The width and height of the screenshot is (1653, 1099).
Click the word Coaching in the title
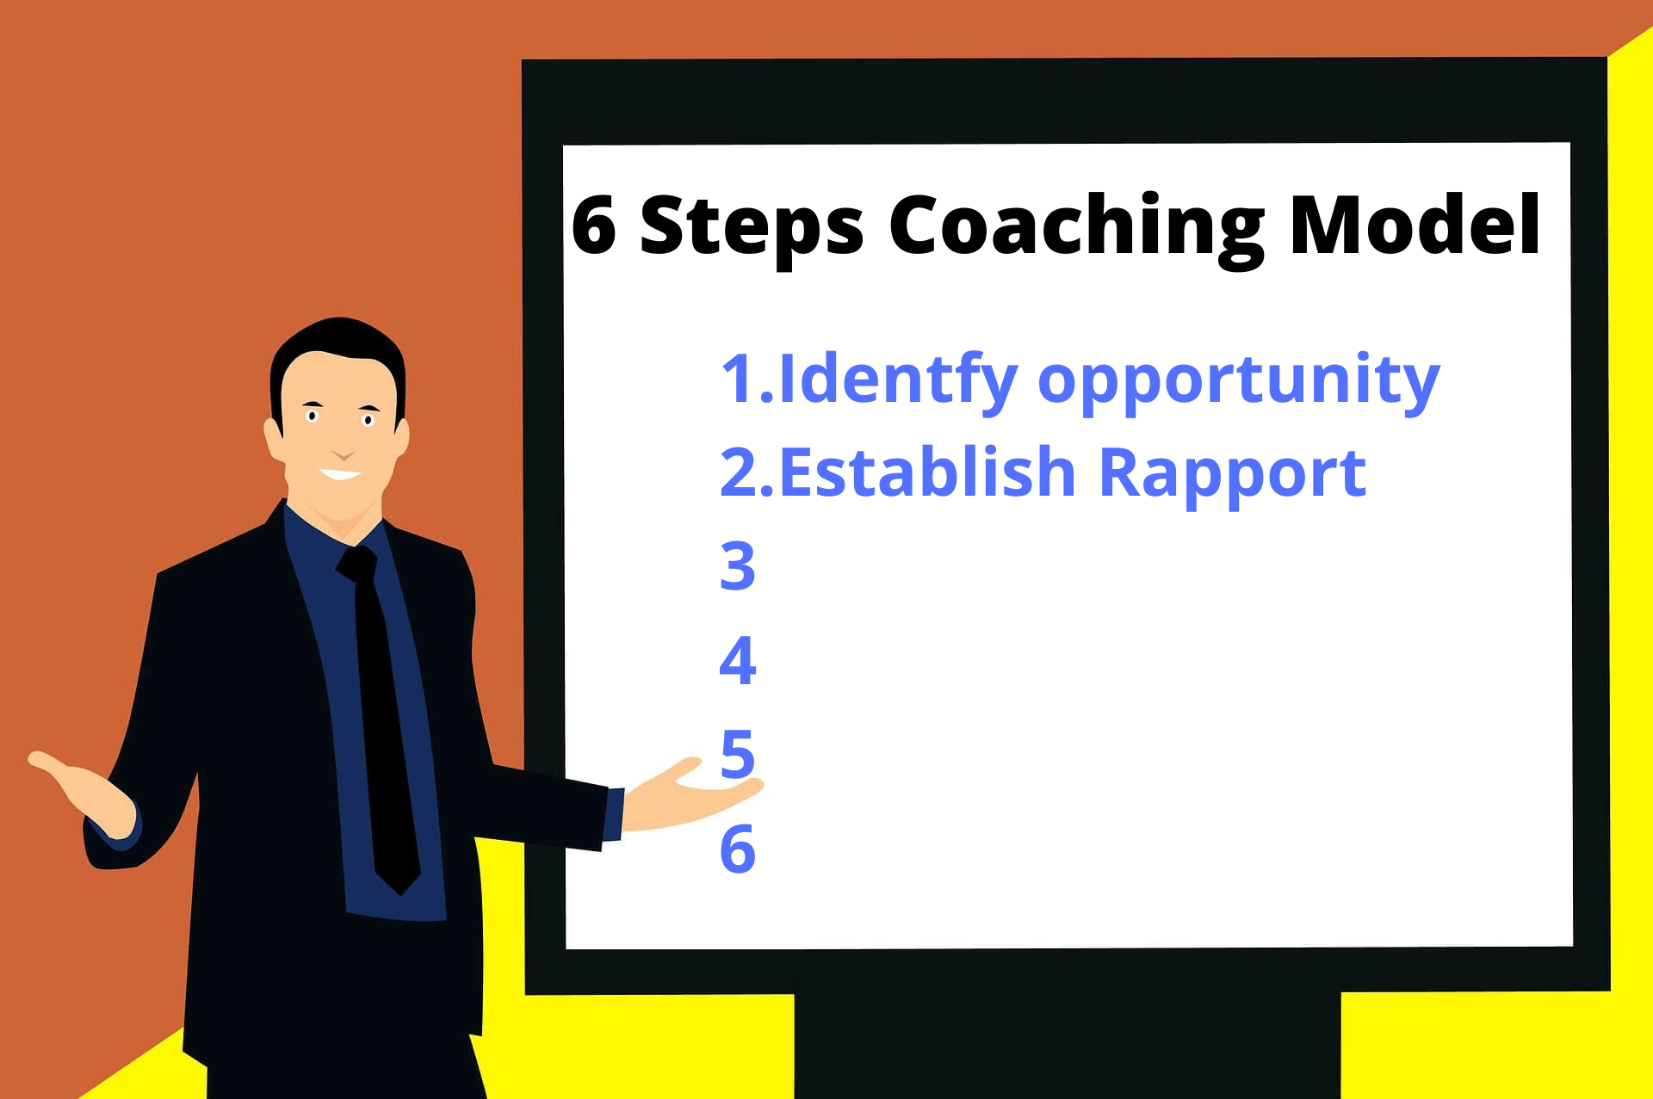tap(1076, 225)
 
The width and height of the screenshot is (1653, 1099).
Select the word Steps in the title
tap(751, 225)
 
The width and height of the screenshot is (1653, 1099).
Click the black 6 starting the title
tap(594, 225)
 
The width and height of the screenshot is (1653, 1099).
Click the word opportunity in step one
tap(1238, 380)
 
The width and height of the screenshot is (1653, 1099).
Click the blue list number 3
tap(738, 566)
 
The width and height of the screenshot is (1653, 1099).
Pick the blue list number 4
tap(738, 661)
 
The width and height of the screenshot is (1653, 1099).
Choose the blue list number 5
tap(738, 754)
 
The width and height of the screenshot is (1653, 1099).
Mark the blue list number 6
tap(738, 849)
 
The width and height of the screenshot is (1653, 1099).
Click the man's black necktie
tap(385, 732)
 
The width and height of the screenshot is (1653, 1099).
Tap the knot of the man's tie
tap(358, 565)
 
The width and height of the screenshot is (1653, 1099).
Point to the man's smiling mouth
tap(341, 474)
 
